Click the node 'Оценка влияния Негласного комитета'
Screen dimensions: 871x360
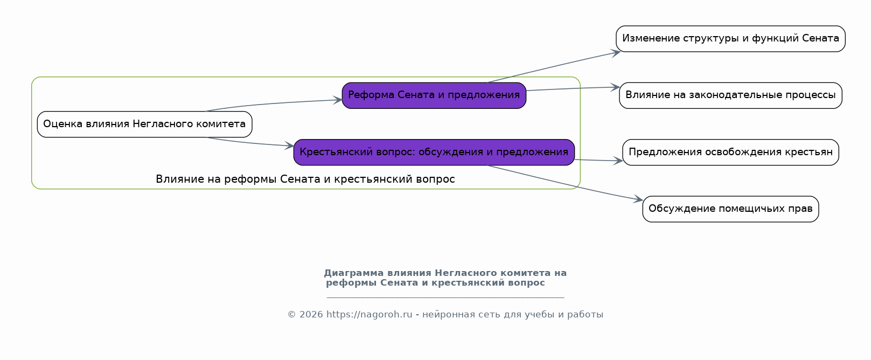(x=145, y=124)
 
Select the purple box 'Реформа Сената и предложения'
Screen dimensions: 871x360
(x=434, y=95)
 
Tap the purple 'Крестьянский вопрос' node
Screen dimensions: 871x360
(x=434, y=152)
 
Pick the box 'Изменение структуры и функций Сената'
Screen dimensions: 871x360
(x=730, y=38)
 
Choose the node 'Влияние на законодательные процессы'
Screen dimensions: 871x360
(x=730, y=95)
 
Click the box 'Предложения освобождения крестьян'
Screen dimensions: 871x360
(x=730, y=152)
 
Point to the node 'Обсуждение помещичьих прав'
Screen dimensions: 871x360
(x=730, y=209)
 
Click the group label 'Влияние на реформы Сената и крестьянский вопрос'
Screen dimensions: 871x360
(x=305, y=179)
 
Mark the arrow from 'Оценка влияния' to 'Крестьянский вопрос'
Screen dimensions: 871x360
(x=249, y=143)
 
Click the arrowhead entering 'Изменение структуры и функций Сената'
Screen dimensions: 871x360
(x=616, y=52)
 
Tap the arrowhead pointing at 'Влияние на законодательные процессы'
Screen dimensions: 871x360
(x=615, y=87)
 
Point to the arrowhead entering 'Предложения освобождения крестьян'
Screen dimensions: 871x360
(x=618, y=161)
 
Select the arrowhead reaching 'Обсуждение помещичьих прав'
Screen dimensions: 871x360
(x=638, y=199)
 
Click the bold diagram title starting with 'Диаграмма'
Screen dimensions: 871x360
(x=445, y=278)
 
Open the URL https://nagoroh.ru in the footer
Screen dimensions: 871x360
(x=369, y=315)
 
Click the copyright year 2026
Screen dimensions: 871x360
(x=311, y=315)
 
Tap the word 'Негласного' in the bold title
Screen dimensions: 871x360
(x=465, y=273)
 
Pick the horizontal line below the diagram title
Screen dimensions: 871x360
(x=445, y=297)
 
